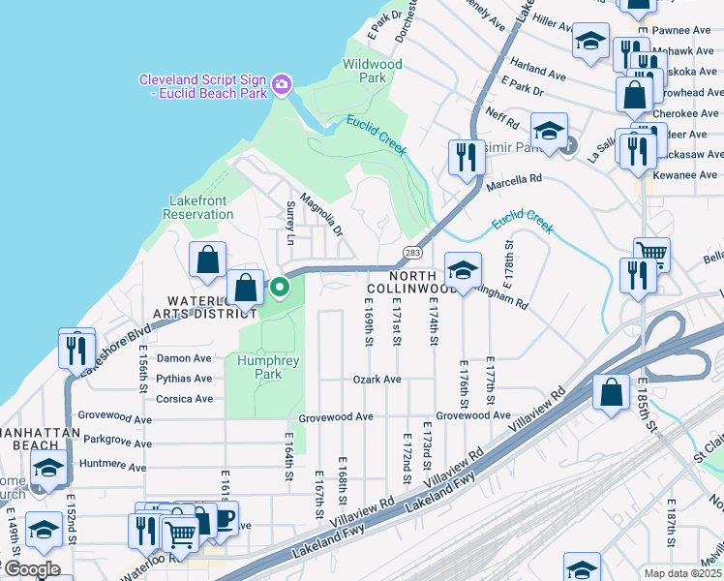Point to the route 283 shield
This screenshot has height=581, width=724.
[x=411, y=253]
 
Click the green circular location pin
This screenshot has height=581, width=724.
[x=280, y=288]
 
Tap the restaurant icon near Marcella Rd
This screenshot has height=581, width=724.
[x=466, y=156]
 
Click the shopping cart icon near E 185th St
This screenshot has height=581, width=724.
[x=652, y=255]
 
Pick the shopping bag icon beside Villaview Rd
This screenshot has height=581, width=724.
[x=611, y=392]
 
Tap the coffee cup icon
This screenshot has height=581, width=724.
[x=222, y=519]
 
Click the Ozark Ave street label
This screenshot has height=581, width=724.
[x=377, y=380]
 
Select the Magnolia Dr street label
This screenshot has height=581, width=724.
[x=321, y=214]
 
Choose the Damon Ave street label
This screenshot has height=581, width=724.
[x=184, y=358]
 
